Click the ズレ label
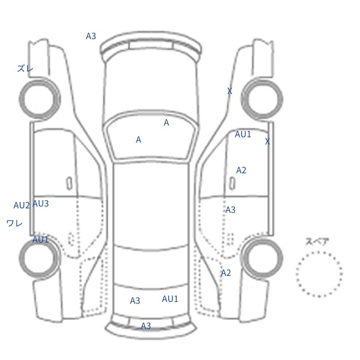coord(25,68)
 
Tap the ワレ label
coord(14,223)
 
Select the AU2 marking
coord(22,205)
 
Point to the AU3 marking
coord(40,204)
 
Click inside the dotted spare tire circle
coord(319,274)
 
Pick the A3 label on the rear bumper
coord(146,326)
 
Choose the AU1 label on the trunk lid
coord(170,299)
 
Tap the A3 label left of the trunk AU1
coord(135,301)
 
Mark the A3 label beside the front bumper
coord(91,36)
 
